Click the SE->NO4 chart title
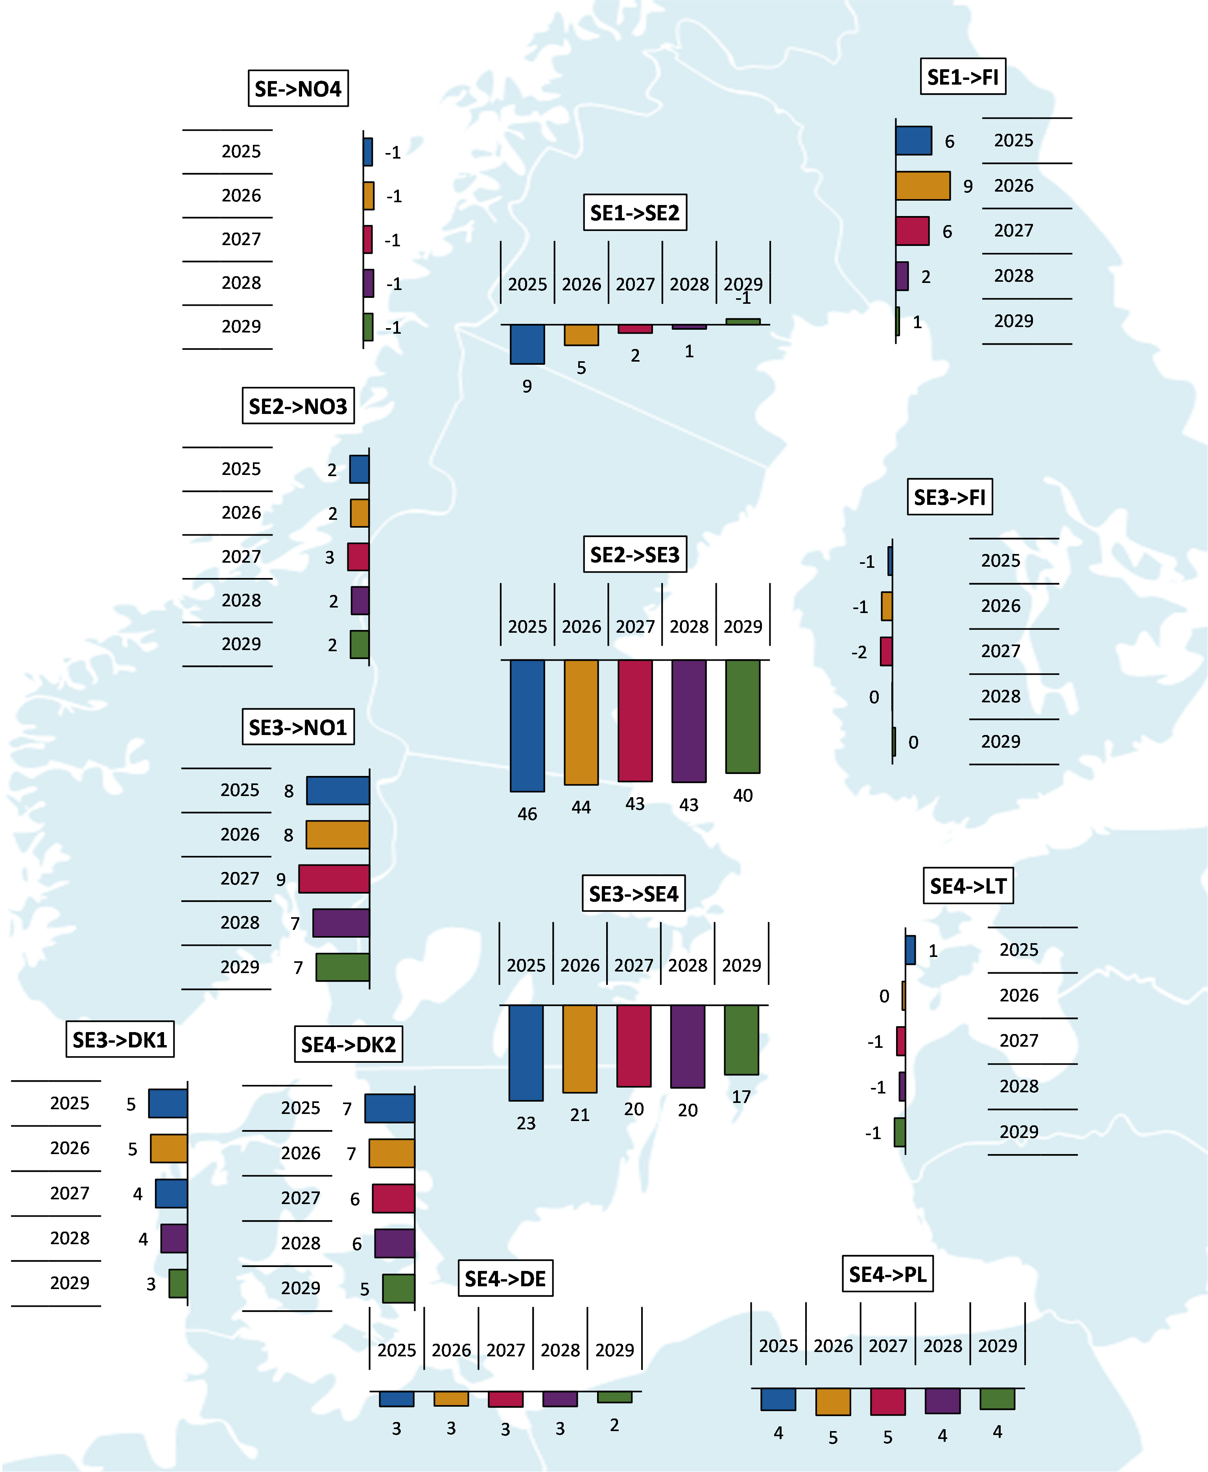tap(298, 89)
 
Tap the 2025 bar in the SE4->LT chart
tap(910, 950)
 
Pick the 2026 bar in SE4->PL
tap(833, 1401)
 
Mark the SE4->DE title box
tap(505, 1278)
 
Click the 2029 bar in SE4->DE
tap(614, 1397)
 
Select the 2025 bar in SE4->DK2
tap(390, 1108)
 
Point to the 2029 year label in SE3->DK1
tap(70, 1283)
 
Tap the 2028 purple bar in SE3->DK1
tap(174, 1238)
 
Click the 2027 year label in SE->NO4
tap(241, 239)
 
